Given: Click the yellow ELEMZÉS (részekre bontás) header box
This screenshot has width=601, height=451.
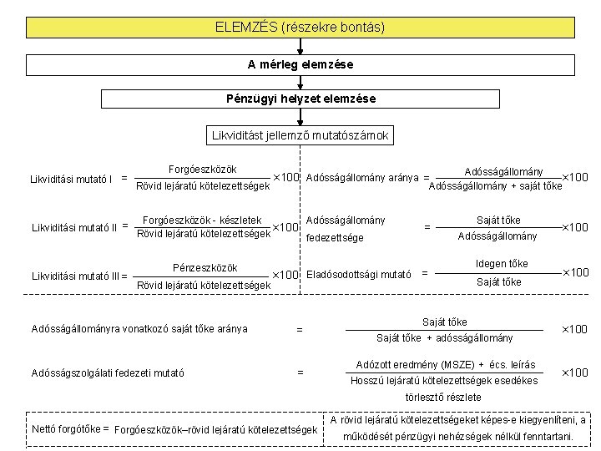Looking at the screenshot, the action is (x=300, y=28).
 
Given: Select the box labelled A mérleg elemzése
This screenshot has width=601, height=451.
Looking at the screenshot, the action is (x=300, y=65).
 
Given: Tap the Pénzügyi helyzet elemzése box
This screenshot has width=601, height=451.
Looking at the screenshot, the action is (x=300, y=99).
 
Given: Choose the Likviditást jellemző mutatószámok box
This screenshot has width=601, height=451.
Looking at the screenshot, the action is (x=300, y=135).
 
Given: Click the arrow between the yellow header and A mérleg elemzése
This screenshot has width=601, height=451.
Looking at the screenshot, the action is (x=300, y=46).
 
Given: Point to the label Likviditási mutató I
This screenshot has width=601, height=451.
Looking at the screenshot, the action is (x=71, y=179).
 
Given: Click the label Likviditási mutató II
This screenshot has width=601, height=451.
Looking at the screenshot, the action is (x=74, y=228).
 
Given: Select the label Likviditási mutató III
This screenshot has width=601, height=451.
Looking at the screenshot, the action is (x=76, y=276).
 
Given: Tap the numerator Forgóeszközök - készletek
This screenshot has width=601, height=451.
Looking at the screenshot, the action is (x=202, y=220).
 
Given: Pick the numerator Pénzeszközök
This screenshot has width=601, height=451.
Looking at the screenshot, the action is (x=205, y=268).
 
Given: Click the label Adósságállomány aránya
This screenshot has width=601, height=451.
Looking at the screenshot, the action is (x=362, y=178).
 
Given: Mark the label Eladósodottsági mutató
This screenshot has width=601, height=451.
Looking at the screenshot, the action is (x=358, y=275).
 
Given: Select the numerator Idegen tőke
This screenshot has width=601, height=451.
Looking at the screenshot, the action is (x=502, y=264).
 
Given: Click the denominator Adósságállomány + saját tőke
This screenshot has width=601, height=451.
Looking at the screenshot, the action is (x=495, y=186).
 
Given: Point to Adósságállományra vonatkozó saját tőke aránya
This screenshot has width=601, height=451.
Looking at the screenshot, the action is (x=139, y=329).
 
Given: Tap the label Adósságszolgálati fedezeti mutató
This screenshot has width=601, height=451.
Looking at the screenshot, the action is (x=108, y=372).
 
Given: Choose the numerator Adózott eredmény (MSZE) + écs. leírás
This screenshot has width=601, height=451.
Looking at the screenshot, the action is (x=446, y=364).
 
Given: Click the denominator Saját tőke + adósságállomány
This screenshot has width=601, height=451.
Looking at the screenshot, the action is (x=445, y=338).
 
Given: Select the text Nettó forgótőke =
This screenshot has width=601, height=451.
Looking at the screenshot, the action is (x=70, y=428).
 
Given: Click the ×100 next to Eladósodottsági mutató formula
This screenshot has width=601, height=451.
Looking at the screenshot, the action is (x=575, y=272).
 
